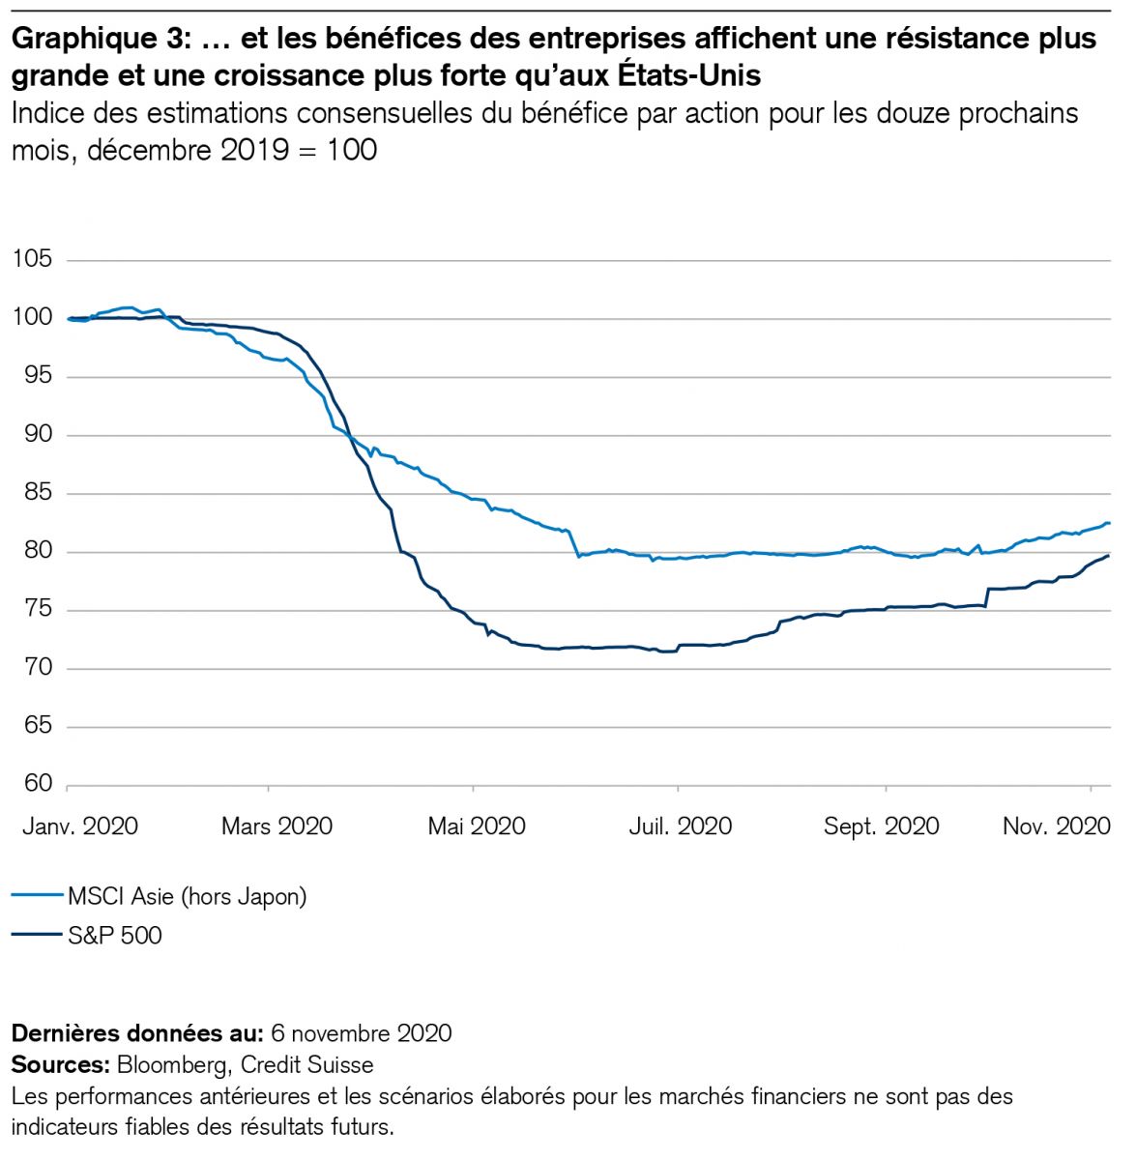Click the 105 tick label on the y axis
click(x=32, y=260)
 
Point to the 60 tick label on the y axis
click(x=32, y=785)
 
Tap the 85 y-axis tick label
click(x=32, y=493)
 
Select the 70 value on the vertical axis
click(x=32, y=668)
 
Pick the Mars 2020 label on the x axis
click(x=277, y=826)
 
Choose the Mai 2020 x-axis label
click(x=477, y=826)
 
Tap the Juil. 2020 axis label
click(x=681, y=826)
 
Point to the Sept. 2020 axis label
click(x=881, y=826)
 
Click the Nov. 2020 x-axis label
click(x=1056, y=826)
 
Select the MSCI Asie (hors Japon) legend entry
click(x=187, y=896)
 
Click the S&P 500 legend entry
click(x=114, y=936)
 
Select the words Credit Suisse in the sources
click(x=307, y=1065)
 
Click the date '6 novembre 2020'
click(x=362, y=1033)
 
